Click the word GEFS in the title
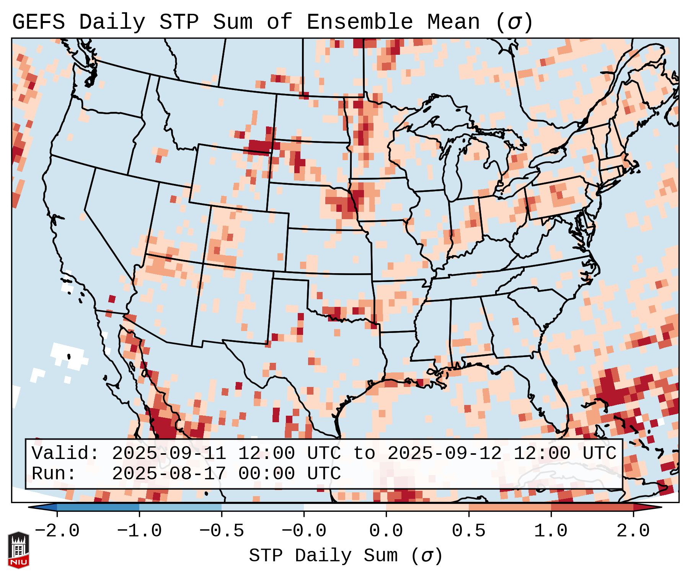point(38,22)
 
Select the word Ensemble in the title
point(359,22)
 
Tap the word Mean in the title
point(453,22)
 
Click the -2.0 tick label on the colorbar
point(57,531)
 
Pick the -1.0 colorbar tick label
point(139,531)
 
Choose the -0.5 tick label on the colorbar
point(222,531)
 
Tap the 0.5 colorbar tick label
point(468,531)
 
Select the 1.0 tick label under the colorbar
point(551,531)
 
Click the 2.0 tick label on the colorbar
point(633,531)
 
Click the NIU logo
point(18,549)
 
